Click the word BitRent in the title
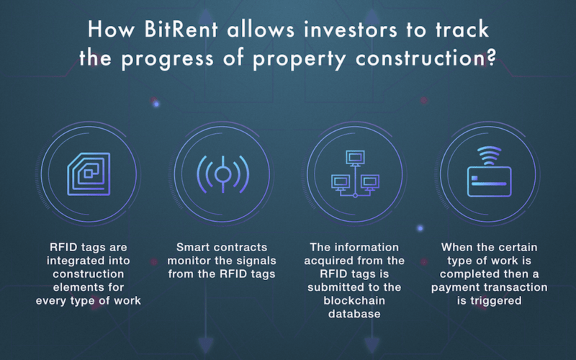click(181, 30)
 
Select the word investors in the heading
click(351, 30)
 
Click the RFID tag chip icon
click(89, 174)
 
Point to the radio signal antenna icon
click(222, 174)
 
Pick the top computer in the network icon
click(355, 158)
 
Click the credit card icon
click(490, 181)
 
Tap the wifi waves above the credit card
click(490, 156)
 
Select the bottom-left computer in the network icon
click(341, 183)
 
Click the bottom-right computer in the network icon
click(370, 183)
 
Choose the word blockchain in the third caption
click(354, 300)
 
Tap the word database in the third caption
click(354, 314)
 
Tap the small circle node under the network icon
click(355, 195)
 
